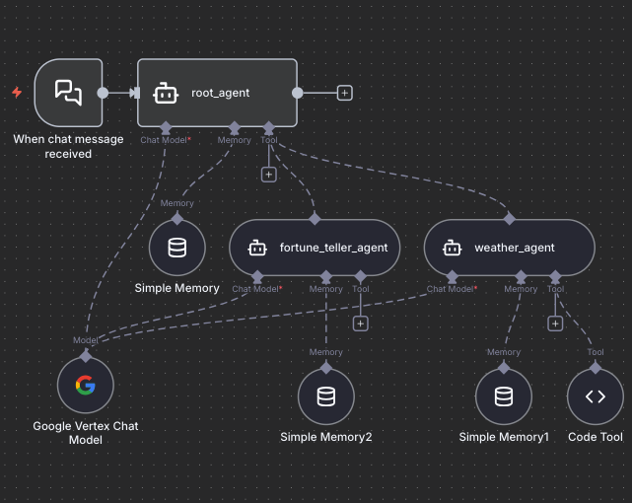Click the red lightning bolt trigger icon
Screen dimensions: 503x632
click(x=17, y=93)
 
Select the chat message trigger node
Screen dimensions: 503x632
click(x=68, y=93)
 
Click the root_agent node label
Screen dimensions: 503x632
click(x=220, y=93)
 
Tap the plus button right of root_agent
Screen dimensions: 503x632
click(x=344, y=93)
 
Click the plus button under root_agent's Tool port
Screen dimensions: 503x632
click(x=267, y=175)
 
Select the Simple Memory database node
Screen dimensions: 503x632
click(x=177, y=247)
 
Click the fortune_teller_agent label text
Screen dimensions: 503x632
click(x=333, y=248)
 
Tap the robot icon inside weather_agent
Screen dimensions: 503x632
click(x=452, y=248)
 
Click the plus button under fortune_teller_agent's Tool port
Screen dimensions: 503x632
click(x=361, y=323)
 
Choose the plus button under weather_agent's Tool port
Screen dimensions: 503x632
click(x=555, y=323)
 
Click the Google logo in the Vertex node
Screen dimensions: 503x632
click(x=86, y=385)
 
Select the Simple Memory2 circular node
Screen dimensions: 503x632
click(x=326, y=396)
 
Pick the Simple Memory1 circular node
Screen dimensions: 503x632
click(x=503, y=396)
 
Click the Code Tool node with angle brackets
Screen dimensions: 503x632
click(x=596, y=396)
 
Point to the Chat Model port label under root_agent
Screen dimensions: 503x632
click(x=166, y=140)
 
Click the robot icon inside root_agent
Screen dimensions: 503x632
click(x=166, y=93)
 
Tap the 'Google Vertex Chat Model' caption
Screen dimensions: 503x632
click(x=86, y=433)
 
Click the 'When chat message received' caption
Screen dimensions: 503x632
click(x=68, y=146)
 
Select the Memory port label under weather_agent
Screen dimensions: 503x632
click(x=521, y=289)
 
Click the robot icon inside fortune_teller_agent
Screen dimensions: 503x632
click(x=257, y=248)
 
